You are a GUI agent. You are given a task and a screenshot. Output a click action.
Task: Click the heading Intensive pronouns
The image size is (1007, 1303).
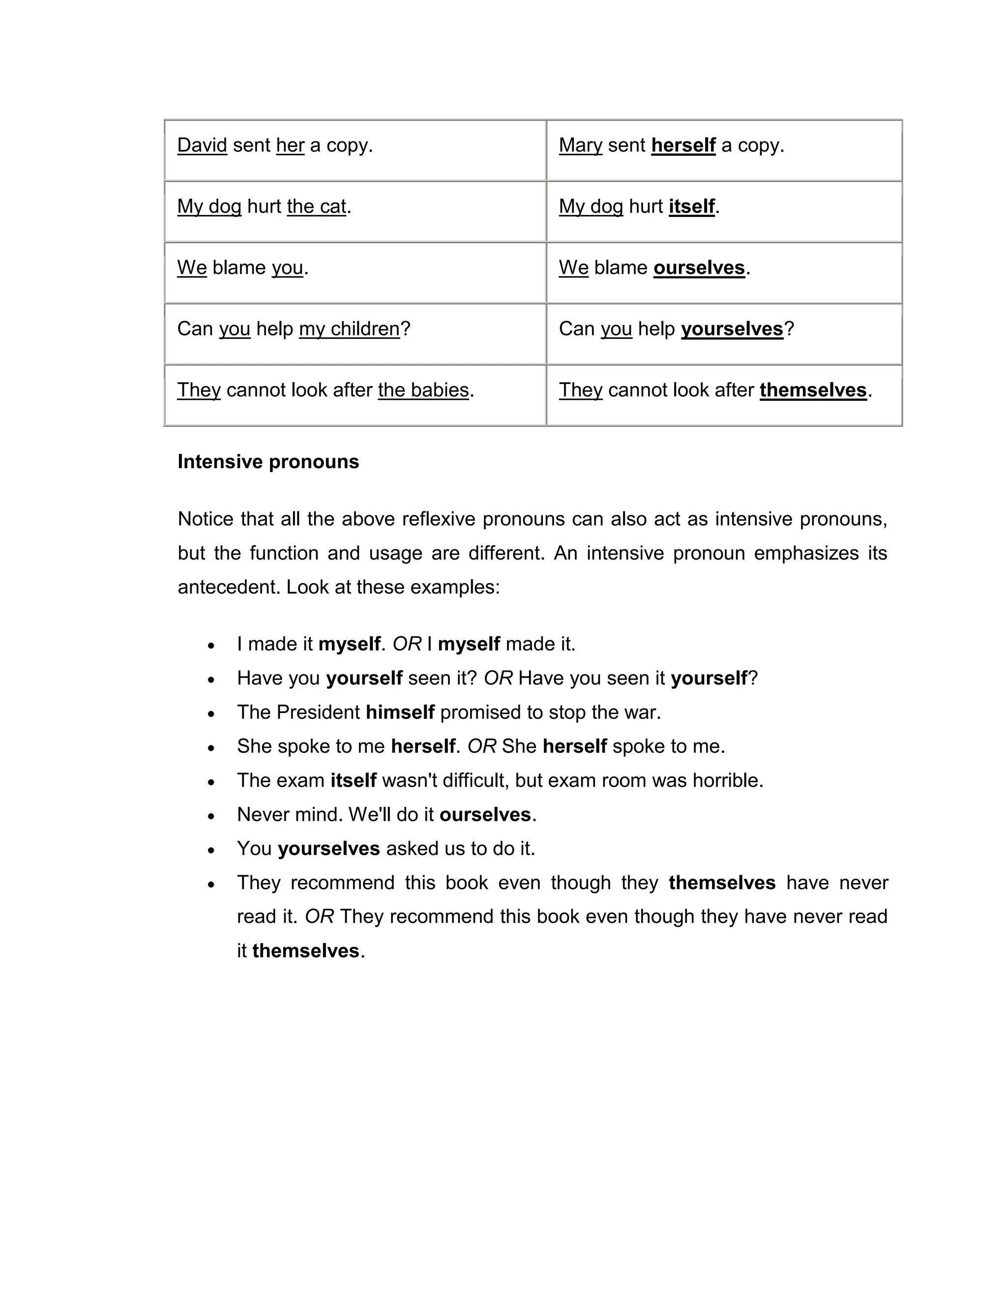click(268, 462)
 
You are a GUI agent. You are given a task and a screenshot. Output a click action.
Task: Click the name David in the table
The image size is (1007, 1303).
click(202, 145)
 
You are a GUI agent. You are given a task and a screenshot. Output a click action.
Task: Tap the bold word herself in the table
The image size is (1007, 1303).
click(683, 145)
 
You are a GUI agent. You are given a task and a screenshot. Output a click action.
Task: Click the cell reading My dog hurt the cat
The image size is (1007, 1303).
click(264, 207)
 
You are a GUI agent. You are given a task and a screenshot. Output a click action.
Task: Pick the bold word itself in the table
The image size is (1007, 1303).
click(691, 207)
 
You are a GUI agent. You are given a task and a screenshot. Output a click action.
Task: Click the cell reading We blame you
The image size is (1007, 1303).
click(242, 267)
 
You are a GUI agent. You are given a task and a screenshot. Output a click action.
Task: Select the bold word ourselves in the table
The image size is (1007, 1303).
click(699, 267)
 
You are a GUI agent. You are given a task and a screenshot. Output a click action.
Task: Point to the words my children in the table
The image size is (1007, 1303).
click(349, 329)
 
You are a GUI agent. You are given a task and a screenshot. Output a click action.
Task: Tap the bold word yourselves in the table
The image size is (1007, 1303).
click(732, 329)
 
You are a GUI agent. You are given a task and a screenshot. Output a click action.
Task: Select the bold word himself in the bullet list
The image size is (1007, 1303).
click(400, 712)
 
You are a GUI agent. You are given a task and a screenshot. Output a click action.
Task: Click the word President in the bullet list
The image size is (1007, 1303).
click(318, 712)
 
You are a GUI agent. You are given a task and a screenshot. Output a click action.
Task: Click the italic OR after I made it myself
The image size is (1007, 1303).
click(407, 644)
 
